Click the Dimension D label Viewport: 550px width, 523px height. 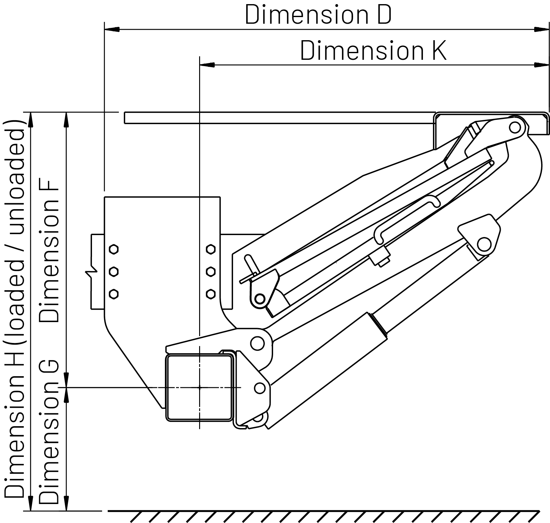tap(318, 15)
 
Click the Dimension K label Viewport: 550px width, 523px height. tap(373, 50)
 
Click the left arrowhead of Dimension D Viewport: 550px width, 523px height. tap(112, 29)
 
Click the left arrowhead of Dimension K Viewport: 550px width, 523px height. tap(207, 65)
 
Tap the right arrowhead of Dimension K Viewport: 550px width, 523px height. tap(541, 65)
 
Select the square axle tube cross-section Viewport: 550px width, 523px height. tap(200, 388)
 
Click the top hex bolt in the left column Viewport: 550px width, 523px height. tap(113, 249)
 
